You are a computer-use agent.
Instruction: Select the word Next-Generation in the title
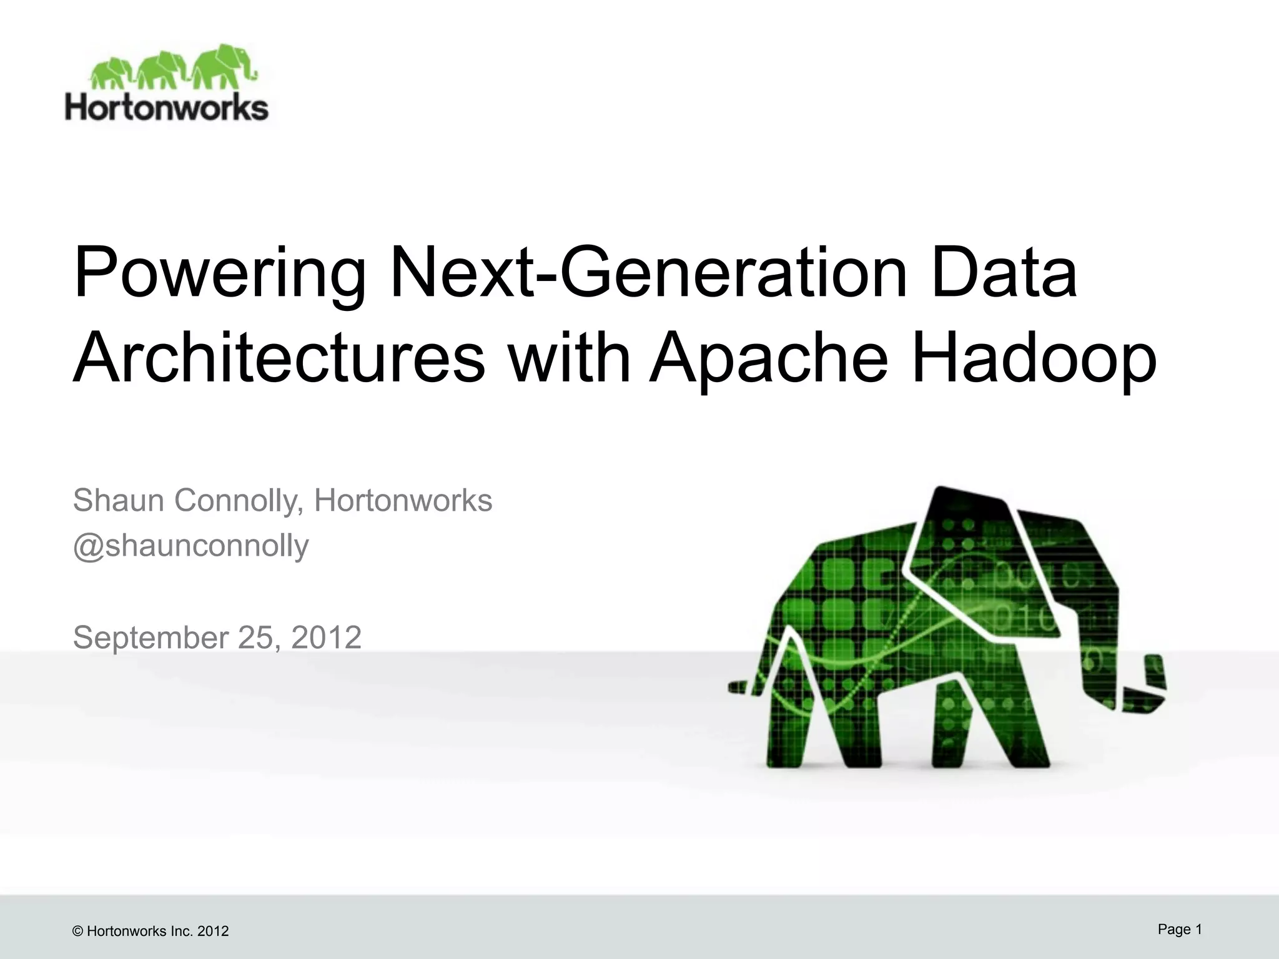(x=649, y=275)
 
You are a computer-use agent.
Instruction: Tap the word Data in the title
(x=1004, y=275)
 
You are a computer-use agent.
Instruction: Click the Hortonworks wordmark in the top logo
(x=167, y=107)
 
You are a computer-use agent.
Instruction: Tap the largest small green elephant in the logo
(x=222, y=66)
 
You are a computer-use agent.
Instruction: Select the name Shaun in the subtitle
(x=119, y=500)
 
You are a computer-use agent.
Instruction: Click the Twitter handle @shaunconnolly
(x=190, y=545)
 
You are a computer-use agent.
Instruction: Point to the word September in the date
(x=151, y=637)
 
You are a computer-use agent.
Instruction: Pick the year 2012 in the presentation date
(x=327, y=637)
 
